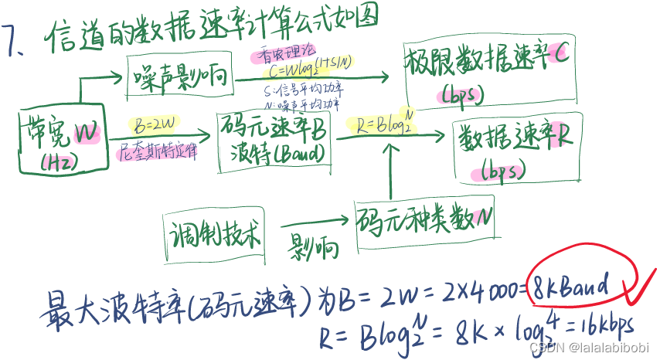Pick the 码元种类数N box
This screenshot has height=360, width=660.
click(424, 221)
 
